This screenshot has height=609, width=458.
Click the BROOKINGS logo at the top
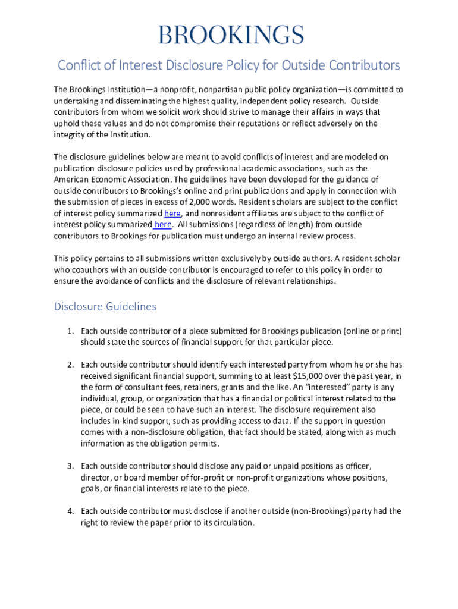[x=231, y=34]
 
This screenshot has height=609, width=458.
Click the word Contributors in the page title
[x=357, y=65]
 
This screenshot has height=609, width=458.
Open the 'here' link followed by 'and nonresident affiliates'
[x=172, y=213]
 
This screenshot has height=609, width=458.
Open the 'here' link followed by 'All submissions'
[x=163, y=224]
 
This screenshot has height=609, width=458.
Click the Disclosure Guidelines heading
[x=105, y=307]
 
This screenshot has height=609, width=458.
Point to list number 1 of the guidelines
[x=70, y=331]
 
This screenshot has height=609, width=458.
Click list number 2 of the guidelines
[x=70, y=364]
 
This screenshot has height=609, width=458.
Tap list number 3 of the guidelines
[x=70, y=466]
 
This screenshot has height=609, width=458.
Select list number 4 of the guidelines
[x=70, y=511]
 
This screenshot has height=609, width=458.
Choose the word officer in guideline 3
[x=357, y=466]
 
